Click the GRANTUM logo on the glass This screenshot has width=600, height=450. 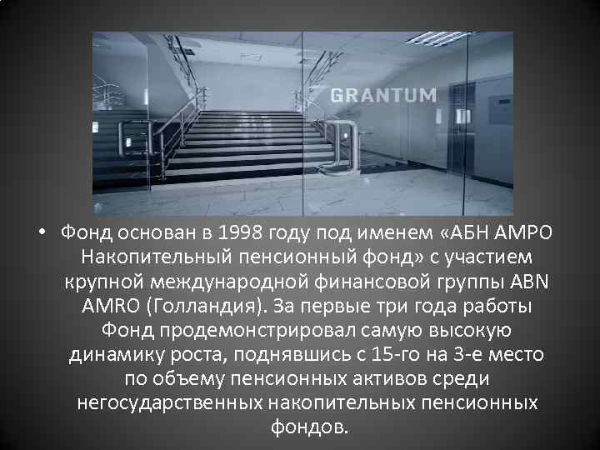[x=382, y=94]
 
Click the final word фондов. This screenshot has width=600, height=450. [x=306, y=427]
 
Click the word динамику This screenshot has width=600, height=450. [x=112, y=354]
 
